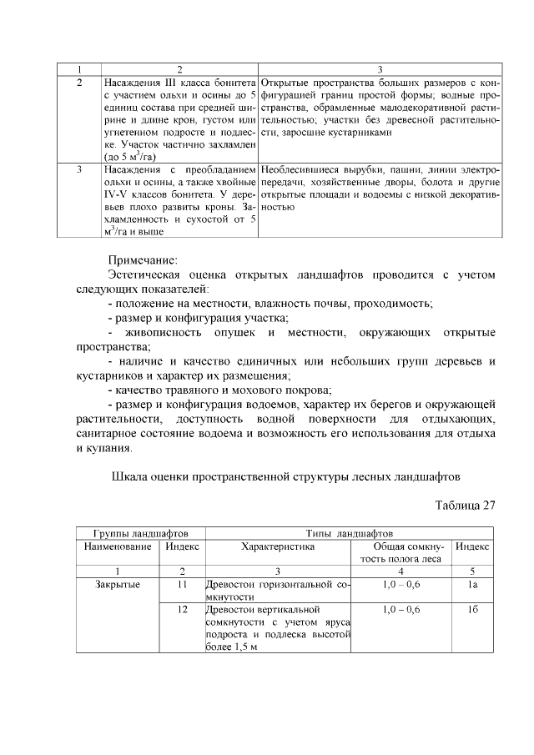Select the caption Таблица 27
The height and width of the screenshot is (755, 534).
[x=466, y=504]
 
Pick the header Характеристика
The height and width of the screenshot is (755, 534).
[x=278, y=546]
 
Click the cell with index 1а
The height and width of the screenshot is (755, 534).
[x=471, y=585]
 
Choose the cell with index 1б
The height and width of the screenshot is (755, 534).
[x=471, y=611]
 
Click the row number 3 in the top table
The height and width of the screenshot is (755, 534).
[x=78, y=169]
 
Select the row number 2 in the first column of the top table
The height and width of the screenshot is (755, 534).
[x=78, y=84]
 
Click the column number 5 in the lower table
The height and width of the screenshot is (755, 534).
[x=471, y=571]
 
